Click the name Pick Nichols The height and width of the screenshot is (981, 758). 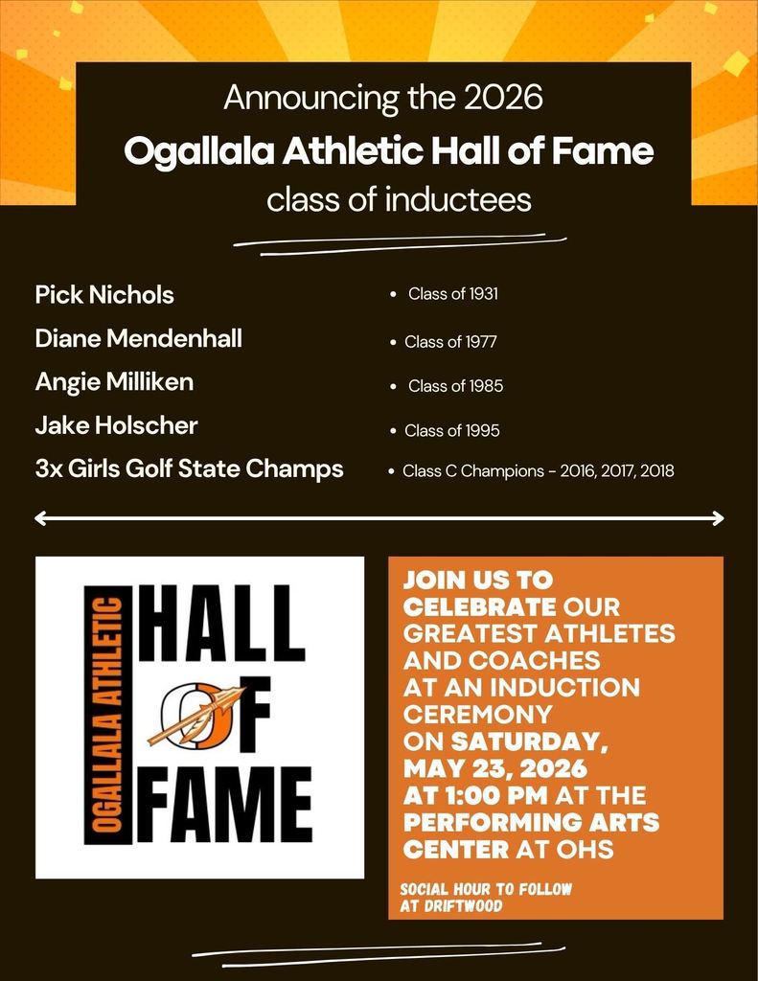coord(104,294)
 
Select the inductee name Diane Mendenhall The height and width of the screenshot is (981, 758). coord(138,338)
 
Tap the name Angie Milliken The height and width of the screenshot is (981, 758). coord(114,382)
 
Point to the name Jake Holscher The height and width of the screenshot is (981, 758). coord(116,425)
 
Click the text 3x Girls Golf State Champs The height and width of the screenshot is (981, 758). coord(189,469)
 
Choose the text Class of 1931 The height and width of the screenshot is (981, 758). coord(452,294)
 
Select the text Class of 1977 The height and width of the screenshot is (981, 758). coord(450,341)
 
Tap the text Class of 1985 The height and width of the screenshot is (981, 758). coord(455,386)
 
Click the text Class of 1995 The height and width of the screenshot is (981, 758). coord(451,431)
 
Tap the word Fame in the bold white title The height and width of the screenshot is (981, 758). coord(607,150)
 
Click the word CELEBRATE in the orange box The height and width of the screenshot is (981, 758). coord(479,607)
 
